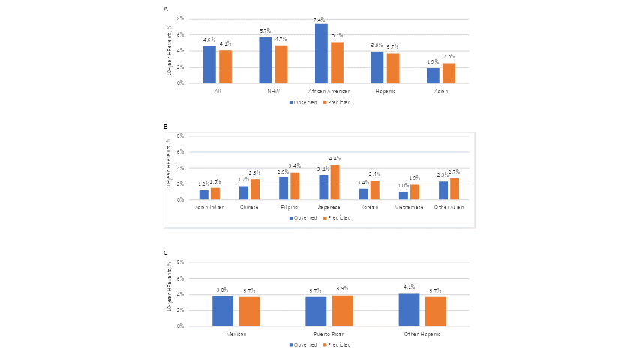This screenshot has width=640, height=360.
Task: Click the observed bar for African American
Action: point(321,53)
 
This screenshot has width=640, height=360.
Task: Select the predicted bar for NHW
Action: point(281,64)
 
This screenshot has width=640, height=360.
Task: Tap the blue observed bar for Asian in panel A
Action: point(433,75)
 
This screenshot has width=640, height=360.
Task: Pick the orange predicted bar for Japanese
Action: point(335,182)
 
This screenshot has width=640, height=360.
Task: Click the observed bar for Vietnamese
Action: point(404,196)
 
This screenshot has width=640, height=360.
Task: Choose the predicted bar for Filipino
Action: point(295,187)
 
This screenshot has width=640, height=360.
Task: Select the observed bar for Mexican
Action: point(223,310)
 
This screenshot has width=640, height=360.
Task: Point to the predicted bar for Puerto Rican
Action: point(342,310)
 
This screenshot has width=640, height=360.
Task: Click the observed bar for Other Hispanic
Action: point(409,310)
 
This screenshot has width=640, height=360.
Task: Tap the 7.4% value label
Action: point(321,19)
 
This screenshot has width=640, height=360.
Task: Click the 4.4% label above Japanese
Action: point(335,159)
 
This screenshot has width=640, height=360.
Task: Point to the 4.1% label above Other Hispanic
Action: point(409,287)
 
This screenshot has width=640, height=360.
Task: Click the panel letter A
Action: point(166,9)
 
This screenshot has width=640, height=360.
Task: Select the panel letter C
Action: point(166,253)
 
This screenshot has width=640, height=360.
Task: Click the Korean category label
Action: point(369,207)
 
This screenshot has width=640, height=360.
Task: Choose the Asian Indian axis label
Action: point(210,207)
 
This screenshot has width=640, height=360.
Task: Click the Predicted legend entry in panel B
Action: point(338,217)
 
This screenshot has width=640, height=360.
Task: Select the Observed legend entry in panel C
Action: point(303,344)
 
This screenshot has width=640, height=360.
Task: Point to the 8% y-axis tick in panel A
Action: point(179,18)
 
